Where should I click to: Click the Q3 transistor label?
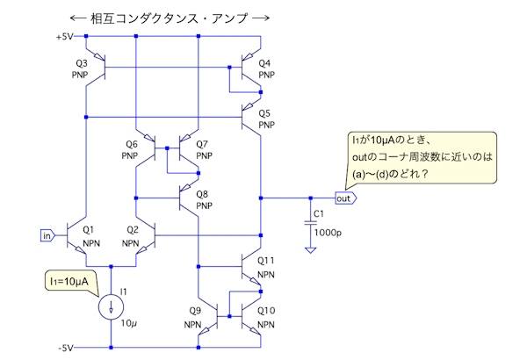pos(81,63)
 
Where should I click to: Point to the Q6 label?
pos(132,143)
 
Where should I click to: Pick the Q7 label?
pos(202,143)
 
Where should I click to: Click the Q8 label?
pos(202,194)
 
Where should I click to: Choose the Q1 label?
pos(89,230)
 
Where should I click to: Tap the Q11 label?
pos(267,261)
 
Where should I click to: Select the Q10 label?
pos(267,311)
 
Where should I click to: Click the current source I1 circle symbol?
pos(111,305)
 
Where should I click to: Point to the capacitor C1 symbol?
pos(310,219)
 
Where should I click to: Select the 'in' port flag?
pos(47,234)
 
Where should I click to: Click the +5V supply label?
pos(65,37)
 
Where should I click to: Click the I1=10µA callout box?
pos(72,280)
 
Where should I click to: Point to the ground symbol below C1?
pos(310,250)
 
